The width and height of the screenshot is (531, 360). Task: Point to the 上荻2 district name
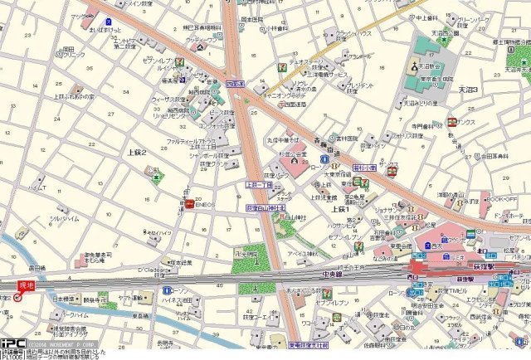pyautogui.click(x=137, y=153)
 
